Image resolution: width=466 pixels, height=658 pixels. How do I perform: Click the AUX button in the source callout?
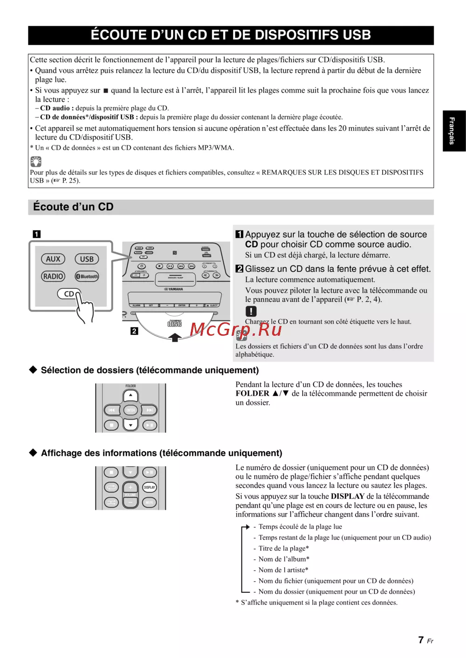(x=53, y=259)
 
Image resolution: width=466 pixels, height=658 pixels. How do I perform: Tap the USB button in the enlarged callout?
(x=87, y=259)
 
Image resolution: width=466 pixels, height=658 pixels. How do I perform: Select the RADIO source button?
(x=53, y=276)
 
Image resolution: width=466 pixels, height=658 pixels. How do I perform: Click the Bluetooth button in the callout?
(x=87, y=276)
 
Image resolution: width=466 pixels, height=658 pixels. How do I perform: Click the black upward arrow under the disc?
(x=175, y=337)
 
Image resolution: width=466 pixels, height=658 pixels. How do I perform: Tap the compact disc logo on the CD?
(x=175, y=324)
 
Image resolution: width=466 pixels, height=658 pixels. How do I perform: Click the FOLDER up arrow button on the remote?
(x=130, y=395)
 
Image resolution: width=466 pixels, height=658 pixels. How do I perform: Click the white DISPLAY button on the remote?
(x=149, y=487)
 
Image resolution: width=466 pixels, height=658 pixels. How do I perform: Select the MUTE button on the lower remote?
(x=149, y=502)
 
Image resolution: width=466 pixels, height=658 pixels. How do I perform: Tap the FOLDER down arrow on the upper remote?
(x=130, y=425)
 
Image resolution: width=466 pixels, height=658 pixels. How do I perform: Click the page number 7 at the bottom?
(x=421, y=640)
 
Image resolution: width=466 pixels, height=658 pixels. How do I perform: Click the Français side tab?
(x=453, y=131)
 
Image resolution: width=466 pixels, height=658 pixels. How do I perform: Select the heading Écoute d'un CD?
(x=74, y=207)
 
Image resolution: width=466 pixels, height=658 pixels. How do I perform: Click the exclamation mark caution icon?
(x=251, y=311)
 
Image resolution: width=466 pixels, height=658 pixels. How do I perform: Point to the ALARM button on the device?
(x=137, y=305)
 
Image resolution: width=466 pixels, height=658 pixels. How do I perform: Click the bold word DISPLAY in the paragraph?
(x=348, y=496)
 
